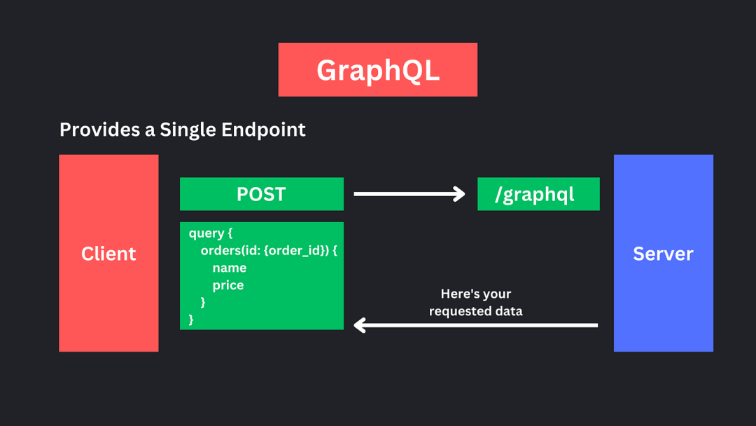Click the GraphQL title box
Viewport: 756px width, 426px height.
(377, 69)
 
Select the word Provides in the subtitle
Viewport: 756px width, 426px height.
(100, 130)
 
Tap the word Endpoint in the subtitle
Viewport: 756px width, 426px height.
(263, 130)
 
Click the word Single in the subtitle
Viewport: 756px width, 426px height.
(188, 130)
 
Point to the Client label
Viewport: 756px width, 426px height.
(108, 254)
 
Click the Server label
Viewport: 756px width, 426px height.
(663, 254)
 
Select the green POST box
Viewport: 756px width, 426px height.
(262, 194)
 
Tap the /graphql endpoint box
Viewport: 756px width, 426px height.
(538, 194)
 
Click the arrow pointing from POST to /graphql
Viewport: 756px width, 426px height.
(409, 194)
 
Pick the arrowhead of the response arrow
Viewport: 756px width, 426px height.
(360, 325)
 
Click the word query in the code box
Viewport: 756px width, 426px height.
(206, 233)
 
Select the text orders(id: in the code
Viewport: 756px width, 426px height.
(230, 250)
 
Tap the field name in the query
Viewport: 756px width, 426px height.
(230, 268)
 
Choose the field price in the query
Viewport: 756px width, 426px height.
(228, 286)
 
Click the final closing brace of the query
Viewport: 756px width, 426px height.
(191, 319)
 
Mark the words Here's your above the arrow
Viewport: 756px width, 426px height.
(476, 294)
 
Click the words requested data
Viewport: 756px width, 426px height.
(476, 311)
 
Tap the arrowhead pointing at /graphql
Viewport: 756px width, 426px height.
(459, 194)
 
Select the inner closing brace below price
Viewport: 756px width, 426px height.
(203, 302)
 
